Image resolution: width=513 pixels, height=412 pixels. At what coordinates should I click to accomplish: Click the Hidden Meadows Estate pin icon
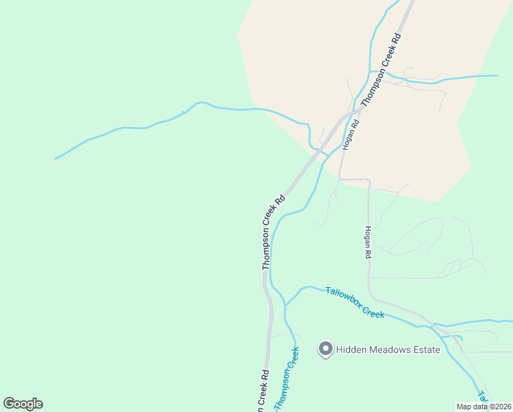click(325, 350)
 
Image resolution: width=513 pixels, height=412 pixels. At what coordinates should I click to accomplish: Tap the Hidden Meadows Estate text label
click(387, 350)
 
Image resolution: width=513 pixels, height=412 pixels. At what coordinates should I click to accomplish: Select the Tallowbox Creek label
click(354, 302)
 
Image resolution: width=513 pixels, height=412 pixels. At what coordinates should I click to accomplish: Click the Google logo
click(23, 404)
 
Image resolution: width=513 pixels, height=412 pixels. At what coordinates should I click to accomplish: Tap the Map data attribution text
click(484, 407)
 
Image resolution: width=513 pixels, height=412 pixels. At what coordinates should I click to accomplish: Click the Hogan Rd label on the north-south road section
click(368, 242)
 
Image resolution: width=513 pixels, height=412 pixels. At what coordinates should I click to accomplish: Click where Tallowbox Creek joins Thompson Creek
click(285, 304)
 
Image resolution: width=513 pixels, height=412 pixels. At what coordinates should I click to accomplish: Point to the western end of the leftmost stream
click(56, 159)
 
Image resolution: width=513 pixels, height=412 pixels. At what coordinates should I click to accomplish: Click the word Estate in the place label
click(425, 350)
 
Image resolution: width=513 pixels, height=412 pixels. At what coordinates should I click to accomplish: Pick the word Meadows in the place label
click(387, 350)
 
